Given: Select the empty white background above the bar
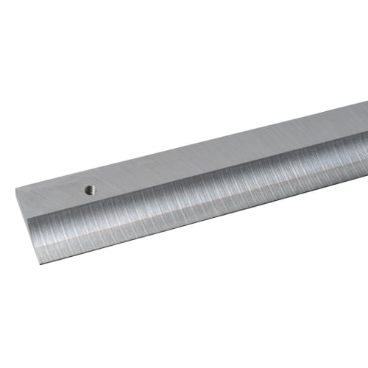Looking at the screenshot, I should (147, 74).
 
